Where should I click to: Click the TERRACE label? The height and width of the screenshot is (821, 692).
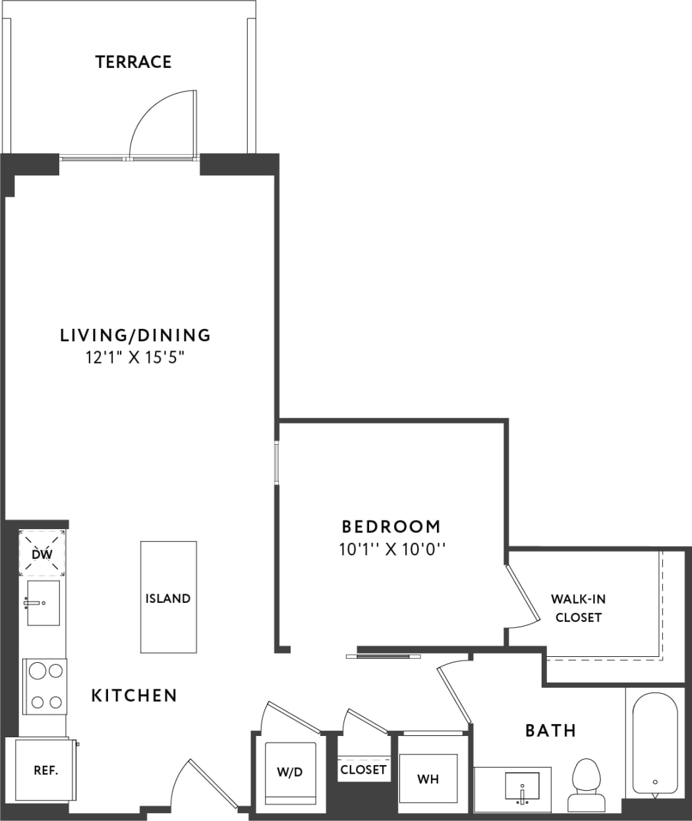click(133, 62)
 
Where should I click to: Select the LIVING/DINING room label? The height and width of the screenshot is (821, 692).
click(135, 335)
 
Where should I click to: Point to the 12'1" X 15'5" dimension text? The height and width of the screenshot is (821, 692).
click(135, 358)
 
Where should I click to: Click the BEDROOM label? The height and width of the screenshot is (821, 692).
click(391, 526)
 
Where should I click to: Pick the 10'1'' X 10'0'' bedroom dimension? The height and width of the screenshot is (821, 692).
click(392, 549)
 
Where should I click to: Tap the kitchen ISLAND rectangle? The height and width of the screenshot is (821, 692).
click(168, 597)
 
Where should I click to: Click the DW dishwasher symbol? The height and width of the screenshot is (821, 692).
click(42, 553)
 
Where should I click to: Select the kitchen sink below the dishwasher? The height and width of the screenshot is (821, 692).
click(43, 602)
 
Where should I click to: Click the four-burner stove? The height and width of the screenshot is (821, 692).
click(45, 686)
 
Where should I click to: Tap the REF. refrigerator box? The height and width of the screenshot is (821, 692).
click(45, 770)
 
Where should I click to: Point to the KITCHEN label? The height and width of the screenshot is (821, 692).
click(134, 695)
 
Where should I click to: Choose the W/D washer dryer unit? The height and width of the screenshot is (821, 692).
click(290, 772)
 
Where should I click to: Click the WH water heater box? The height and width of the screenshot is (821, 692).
click(428, 778)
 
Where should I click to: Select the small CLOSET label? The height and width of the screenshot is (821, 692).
click(363, 770)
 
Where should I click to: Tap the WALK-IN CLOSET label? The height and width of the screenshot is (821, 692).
click(578, 608)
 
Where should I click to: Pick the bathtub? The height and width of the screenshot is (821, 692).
click(654, 744)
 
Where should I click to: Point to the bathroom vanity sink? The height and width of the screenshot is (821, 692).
click(521, 786)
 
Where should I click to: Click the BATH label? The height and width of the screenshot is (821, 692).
click(550, 730)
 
